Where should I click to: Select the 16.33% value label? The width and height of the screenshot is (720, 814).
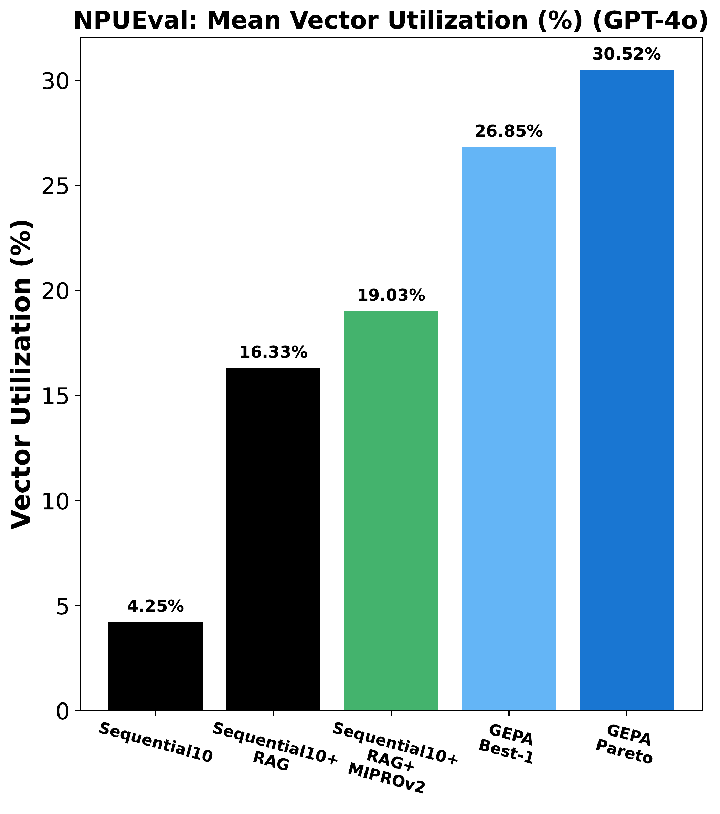click(x=273, y=352)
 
